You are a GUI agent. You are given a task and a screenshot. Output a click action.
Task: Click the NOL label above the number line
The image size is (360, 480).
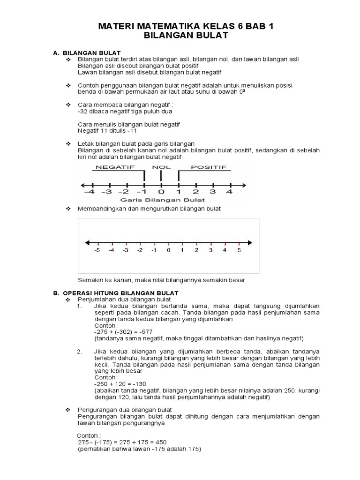point(161,167)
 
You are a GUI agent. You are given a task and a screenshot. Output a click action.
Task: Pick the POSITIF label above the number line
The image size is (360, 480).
point(209,167)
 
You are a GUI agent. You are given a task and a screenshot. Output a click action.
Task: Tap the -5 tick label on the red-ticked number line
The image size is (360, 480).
point(97,251)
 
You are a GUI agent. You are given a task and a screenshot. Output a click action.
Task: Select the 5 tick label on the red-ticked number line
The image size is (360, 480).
point(239,251)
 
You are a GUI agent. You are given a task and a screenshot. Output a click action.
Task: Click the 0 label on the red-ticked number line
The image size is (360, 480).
point(168,251)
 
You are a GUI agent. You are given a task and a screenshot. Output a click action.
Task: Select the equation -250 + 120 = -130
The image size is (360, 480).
point(113,383)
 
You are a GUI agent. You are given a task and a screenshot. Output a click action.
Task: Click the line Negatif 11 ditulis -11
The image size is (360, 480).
point(107,130)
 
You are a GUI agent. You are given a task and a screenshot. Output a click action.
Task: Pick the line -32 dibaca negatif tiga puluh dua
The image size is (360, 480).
point(125,112)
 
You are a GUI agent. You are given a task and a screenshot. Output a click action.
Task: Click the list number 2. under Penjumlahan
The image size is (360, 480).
point(80,351)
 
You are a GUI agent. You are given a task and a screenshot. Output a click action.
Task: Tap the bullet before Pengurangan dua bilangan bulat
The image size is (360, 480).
point(67,410)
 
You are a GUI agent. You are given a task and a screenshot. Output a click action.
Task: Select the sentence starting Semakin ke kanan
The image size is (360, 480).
point(161,280)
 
